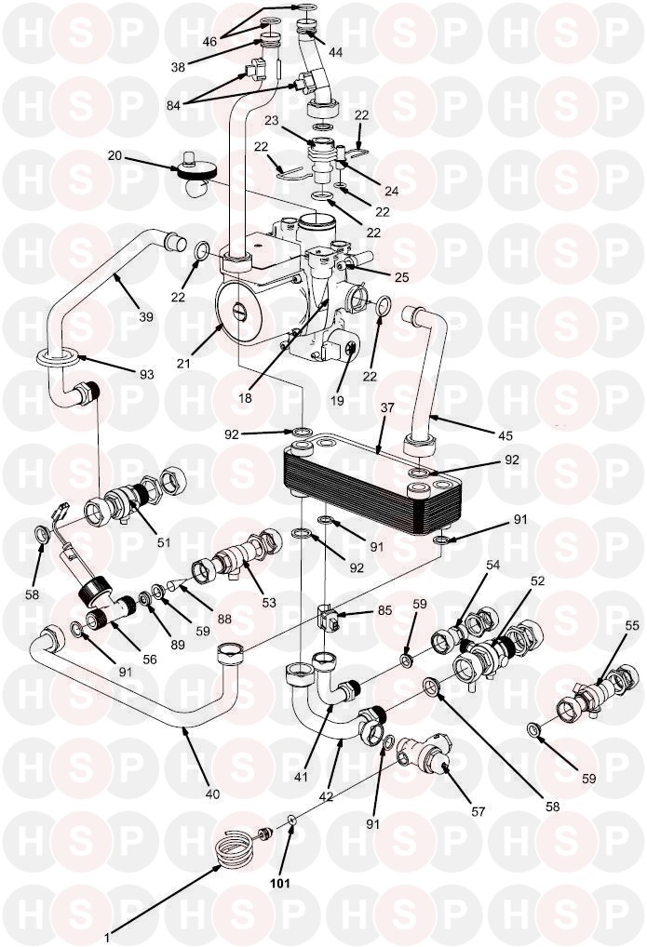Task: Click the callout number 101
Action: (x=280, y=883)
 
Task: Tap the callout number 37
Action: (x=387, y=407)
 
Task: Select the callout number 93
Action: (x=147, y=375)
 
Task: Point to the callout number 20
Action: (x=115, y=156)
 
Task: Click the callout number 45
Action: (x=505, y=435)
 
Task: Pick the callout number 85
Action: (x=384, y=610)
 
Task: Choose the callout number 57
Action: (x=479, y=812)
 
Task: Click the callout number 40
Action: (x=213, y=794)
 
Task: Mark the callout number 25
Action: (x=402, y=277)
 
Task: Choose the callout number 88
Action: (x=224, y=619)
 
